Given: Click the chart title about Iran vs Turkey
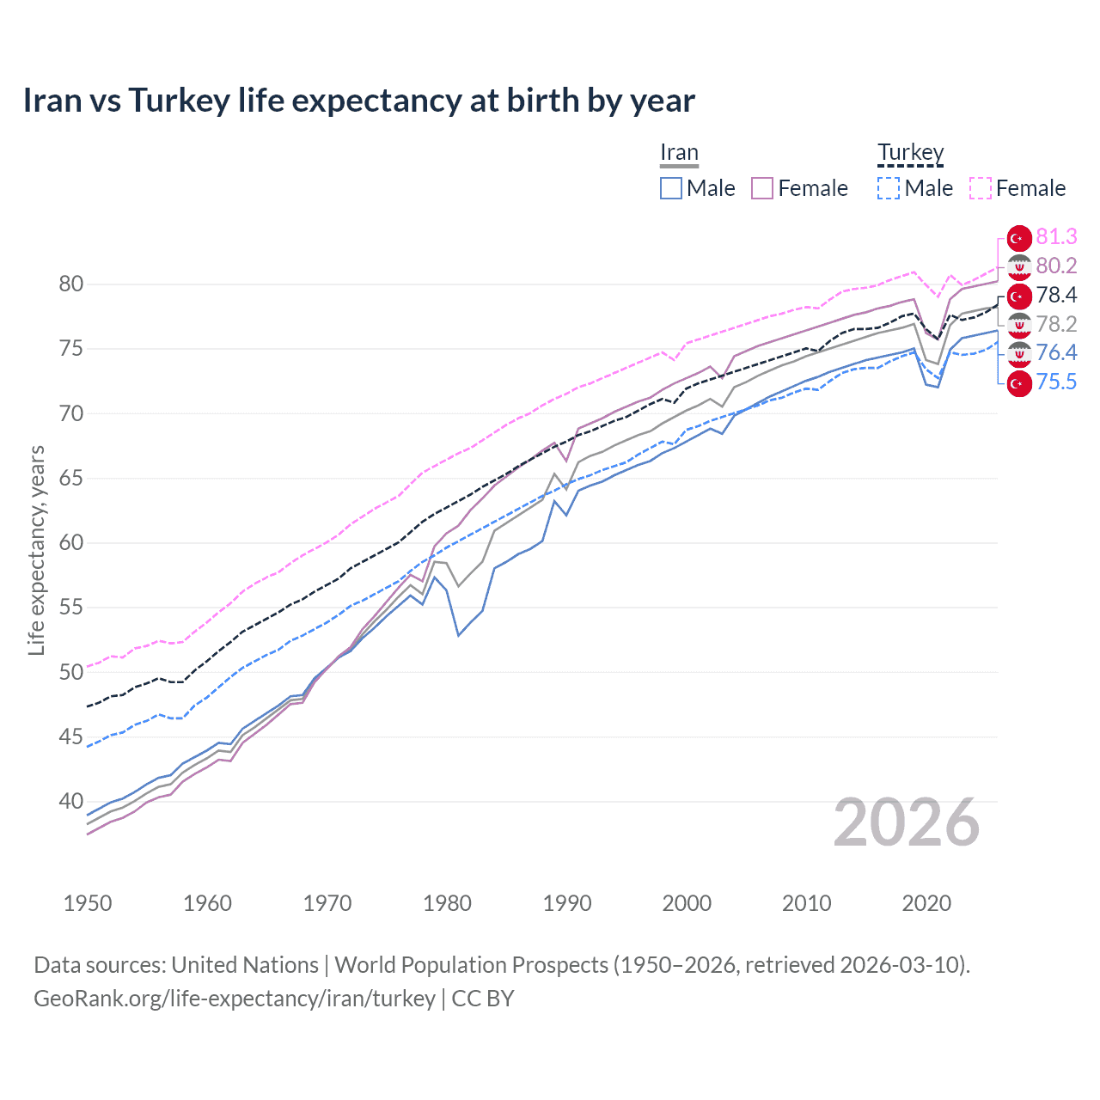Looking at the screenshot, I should click(358, 101).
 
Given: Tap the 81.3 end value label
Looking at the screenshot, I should click(1056, 237).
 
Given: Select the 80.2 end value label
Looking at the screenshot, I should click(1056, 266).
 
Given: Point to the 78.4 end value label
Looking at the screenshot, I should click(1056, 296).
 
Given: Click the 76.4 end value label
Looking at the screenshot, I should click(1056, 353).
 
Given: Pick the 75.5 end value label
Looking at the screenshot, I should click(1056, 382).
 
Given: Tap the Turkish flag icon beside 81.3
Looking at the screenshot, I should click(1019, 238).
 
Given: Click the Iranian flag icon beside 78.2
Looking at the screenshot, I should click(1019, 325).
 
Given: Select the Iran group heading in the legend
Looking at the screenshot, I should click(679, 153).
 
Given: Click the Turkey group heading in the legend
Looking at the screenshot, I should click(910, 153).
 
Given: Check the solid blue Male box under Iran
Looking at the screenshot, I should click(671, 188).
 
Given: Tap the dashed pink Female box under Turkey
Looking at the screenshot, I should click(981, 188).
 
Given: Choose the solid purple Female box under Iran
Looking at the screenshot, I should click(762, 188).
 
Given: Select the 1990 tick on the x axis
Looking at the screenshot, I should click(567, 903).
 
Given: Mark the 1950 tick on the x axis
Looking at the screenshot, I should click(88, 903).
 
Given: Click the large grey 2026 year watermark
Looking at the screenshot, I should click(906, 822).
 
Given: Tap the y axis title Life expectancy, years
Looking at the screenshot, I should click(37, 550).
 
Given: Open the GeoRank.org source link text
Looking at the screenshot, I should click(235, 999).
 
